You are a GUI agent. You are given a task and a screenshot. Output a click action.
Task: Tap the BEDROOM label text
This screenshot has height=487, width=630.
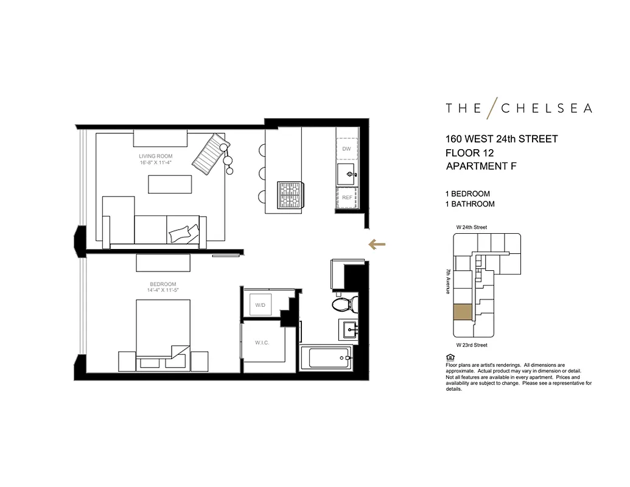163,284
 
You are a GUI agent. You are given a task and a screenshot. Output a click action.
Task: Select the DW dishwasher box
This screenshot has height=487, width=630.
346,149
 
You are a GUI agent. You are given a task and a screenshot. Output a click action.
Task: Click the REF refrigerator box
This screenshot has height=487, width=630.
346,198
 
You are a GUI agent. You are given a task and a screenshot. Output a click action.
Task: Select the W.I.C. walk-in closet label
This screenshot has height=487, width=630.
262,343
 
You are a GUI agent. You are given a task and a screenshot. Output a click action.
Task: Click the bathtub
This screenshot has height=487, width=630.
327,357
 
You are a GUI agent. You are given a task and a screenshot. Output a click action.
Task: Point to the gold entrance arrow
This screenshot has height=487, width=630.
377,245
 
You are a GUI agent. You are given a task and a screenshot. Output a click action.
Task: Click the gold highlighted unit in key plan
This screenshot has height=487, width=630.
462,312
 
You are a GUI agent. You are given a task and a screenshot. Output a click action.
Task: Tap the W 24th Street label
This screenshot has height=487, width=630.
472,227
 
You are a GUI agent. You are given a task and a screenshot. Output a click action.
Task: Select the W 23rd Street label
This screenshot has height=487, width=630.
472,345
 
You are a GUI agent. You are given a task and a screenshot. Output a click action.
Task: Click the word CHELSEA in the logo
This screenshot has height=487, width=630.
546,108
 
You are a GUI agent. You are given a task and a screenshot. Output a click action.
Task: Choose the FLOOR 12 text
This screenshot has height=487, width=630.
470,152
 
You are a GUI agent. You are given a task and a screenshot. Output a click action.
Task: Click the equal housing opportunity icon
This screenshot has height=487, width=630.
450,356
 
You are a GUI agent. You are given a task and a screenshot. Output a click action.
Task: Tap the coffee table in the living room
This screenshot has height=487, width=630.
173,184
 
